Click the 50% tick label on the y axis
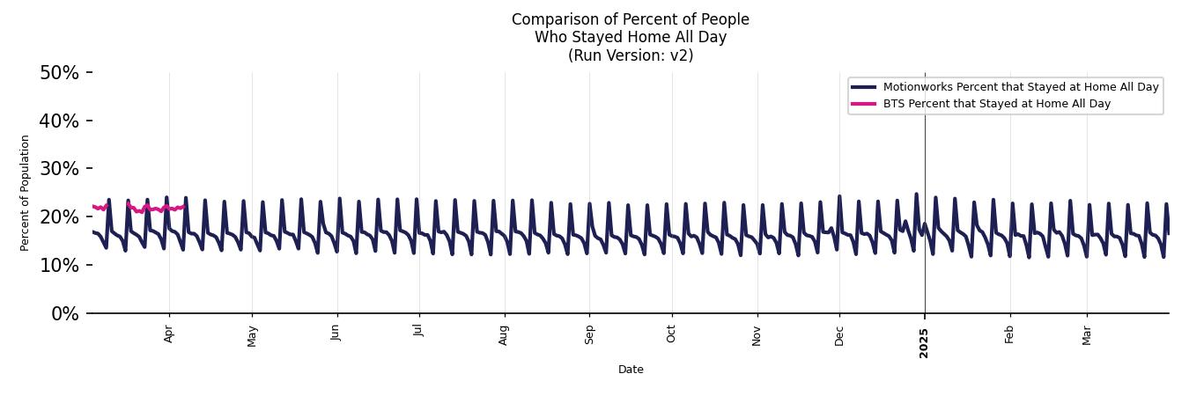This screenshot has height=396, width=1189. [x=59, y=72]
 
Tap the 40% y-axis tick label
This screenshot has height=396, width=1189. [x=59, y=121]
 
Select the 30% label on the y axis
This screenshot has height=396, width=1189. [x=59, y=169]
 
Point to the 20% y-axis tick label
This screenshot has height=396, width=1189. [x=59, y=217]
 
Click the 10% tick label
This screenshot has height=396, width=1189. [x=59, y=266]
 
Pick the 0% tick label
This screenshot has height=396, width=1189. [x=64, y=314]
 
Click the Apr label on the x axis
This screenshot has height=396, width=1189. [x=169, y=334]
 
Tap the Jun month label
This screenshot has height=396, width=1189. [x=336, y=334]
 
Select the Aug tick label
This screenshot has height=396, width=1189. [x=504, y=335]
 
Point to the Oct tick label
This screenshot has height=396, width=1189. [x=671, y=334]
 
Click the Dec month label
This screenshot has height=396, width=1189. [x=839, y=335]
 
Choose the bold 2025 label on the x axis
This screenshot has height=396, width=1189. [x=924, y=338]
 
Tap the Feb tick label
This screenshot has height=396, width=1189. [x=1009, y=334]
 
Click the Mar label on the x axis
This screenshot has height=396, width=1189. [x=1087, y=335]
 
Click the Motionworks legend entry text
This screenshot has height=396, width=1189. [x=1021, y=87]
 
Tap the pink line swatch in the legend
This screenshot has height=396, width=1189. [x=864, y=104]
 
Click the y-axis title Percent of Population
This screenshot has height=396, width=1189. [x=26, y=193]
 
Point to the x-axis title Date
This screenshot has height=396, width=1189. [x=631, y=370]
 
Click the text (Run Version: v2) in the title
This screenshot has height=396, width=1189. [x=631, y=55]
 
